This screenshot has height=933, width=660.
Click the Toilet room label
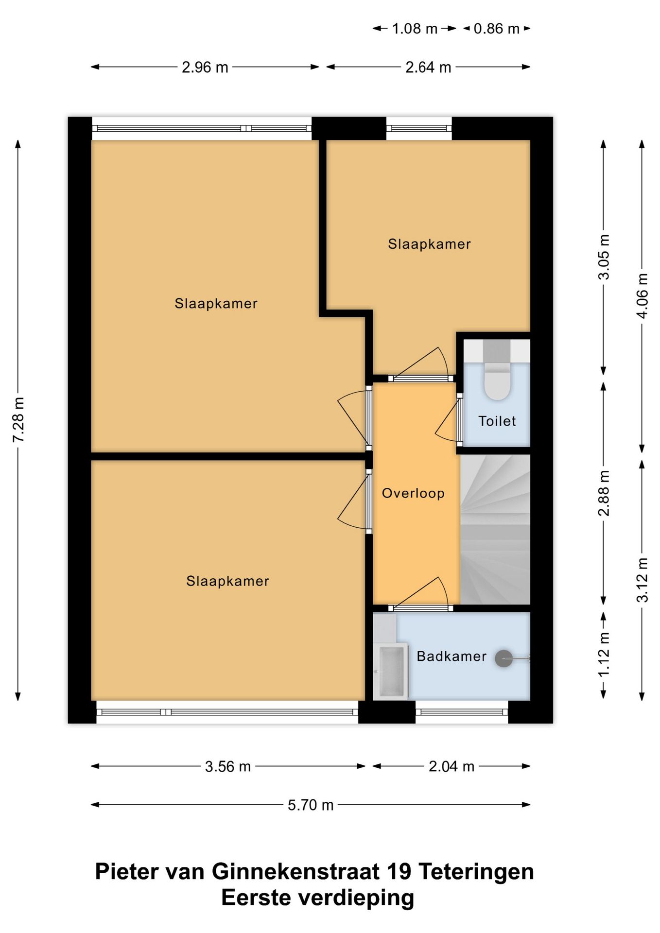(x=497, y=421)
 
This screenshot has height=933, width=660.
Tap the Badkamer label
(x=452, y=657)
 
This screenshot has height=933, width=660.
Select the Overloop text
(x=413, y=493)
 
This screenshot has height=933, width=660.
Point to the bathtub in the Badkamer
(x=391, y=671)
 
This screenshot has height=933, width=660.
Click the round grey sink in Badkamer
(x=504, y=658)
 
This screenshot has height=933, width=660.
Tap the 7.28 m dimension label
(x=18, y=420)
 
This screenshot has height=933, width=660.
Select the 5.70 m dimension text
(x=311, y=805)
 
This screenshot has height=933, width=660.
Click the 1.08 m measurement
(x=415, y=29)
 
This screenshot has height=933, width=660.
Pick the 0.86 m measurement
(x=497, y=29)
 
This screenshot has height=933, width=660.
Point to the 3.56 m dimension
(x=228, y=767)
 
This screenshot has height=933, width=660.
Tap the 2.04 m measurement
(x=452, y=767)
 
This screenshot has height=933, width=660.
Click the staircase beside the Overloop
(x=495, y=529)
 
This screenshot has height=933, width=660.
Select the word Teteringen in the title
(x=476, y=872)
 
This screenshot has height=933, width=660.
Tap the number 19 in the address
(x=398, y=872)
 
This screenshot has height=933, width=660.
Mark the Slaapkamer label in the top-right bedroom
(x=429, y=244)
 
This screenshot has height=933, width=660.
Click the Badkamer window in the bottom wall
(x=462, y=712)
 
